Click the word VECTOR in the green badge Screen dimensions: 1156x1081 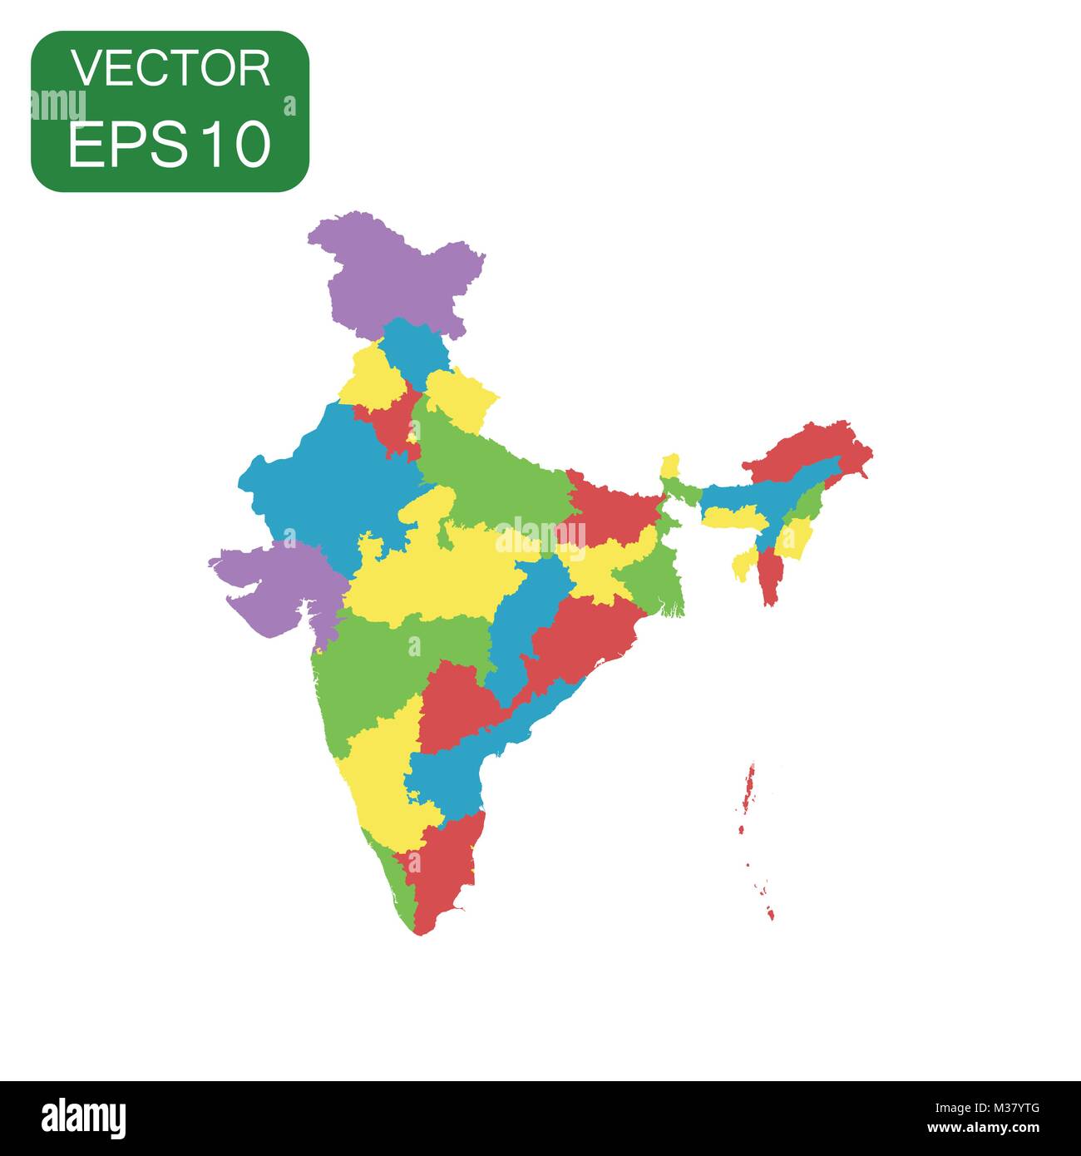pos(170,68)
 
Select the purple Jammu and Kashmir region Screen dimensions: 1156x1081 pos(391,274)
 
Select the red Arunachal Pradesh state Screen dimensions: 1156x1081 pos(811,449)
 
